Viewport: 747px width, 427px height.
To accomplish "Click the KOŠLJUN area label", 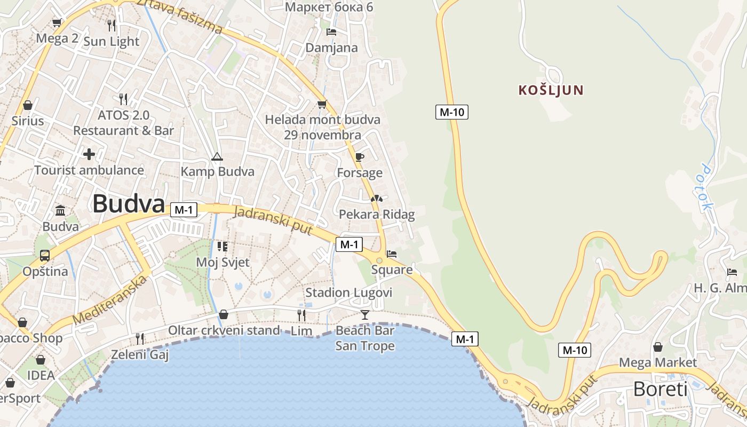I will pyautogui.click(x=551, y=90).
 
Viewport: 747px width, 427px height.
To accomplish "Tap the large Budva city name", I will pyautogui.click(x=129, y=204).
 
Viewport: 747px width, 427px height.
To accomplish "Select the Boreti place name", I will pyautogui.click(x=660, y=389).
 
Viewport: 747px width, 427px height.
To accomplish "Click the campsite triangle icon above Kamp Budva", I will pyautogui.click(x=217, y=156).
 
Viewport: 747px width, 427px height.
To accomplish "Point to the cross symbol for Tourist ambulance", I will pyautogui.click(x=89, y=154).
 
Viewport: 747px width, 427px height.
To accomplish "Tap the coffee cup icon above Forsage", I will pyautogui.click(x=360, y=157).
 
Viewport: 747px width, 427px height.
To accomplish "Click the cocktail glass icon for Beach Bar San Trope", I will pyautogui.click(x=364, y=315).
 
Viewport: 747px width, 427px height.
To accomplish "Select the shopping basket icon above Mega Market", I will pyautogui.click(x=658, y=347).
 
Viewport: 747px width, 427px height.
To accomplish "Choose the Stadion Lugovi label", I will pyautogui.click(x=348, y=292).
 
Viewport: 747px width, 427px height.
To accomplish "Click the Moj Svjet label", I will pyautogui.click(x=222, y=262).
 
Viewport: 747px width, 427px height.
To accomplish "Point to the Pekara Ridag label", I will pyautogui.click(x=377, y=215).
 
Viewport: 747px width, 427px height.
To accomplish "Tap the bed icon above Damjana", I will pyautogui.click(x=331, y=32).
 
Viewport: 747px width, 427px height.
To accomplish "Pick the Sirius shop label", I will pyautogui.click(x=28, y=121).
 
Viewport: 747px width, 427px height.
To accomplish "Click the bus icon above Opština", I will pyautogui.click(x=45, y=256).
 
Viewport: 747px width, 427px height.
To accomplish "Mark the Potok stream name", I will pyautogui.click(x=706, y=187).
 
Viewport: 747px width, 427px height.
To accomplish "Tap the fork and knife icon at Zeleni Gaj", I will pyautogui.click(x=140, y=338).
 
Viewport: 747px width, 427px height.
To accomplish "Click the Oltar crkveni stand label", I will pyautogui.click(x=224, y=330).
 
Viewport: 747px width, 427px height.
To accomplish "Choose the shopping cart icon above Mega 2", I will pyautogui.click(x=57, y=23).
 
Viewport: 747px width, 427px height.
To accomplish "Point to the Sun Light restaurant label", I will pyautogui.click(x=112, y=42).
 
